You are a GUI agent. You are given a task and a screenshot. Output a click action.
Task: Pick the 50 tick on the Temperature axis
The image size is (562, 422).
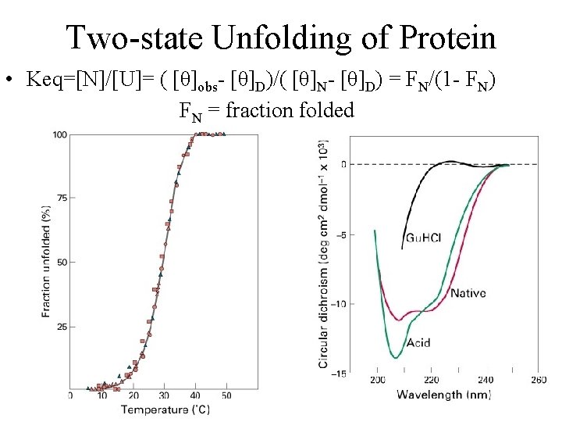click(225, 396)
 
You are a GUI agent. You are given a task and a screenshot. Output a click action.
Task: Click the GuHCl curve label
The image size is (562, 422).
click(424, 238)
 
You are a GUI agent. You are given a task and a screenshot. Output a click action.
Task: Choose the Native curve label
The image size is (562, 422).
click(468, 293)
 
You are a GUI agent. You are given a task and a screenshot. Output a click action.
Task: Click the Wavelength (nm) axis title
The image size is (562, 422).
click(442, 394)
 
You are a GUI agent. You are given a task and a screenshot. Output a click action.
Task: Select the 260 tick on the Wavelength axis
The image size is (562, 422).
click(538, 380)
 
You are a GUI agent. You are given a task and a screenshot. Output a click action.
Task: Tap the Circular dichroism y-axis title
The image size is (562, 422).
click(323, 253)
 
